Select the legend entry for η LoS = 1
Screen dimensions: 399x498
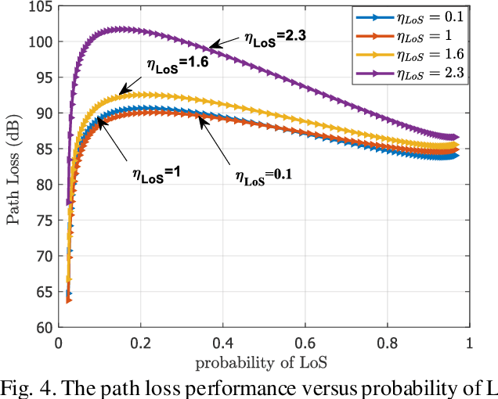click(423, 36)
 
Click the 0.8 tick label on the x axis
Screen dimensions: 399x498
click(386, 343)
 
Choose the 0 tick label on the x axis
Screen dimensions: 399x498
click(59, 343)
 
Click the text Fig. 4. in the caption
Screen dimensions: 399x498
click(27, 386)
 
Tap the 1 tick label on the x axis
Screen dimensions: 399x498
click(468, 343)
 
